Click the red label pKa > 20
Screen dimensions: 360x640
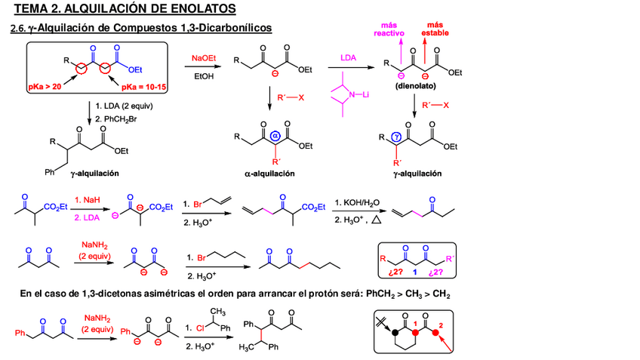pyautogui.click(x=45, y=88)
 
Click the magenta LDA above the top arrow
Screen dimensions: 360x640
pyautogui.click(x=348, y=58)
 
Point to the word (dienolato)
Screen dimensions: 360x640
pyautogui.click(x=413, y=87)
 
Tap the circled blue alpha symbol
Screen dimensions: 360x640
pyautogui.click(x=275, y=136)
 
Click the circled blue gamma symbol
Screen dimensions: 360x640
pyautogui.click(x=398, y=137)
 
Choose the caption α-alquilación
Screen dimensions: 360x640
pyautogui.click(x=269, y=174)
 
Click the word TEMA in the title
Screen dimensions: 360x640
pyautogui.click(x=32, y=9)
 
